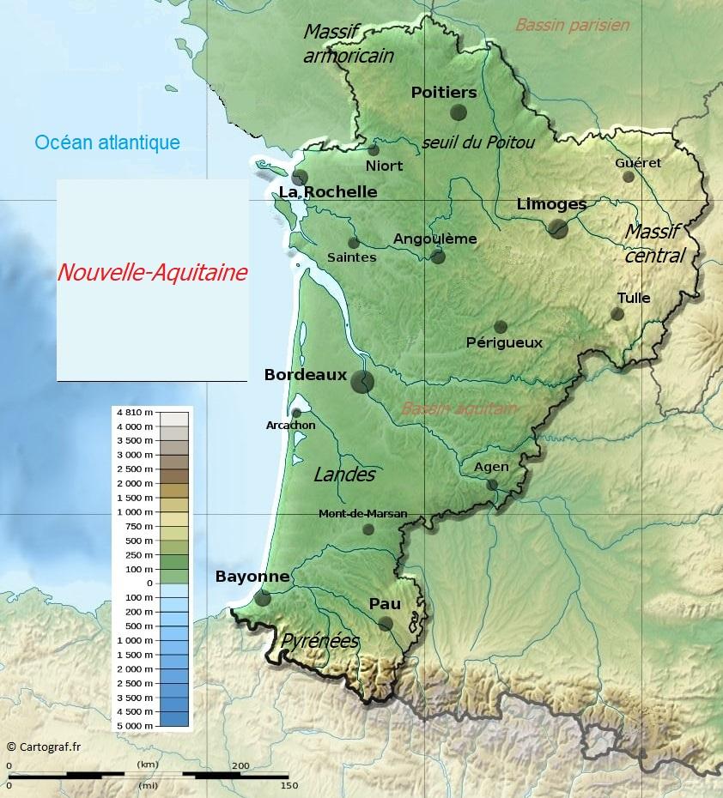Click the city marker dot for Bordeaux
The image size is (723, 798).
(362, 381)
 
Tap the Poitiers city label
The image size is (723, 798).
(443, 93)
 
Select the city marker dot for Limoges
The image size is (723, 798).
(558, 228)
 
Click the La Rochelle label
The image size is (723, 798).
(328, 191)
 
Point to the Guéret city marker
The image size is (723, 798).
(629, 177)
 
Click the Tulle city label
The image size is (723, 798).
(633, 298)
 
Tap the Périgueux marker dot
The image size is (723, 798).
(501, 327)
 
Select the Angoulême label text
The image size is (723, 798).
(434, 239)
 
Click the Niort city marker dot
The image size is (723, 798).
(374, 150)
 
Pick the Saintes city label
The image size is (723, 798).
(352, 257)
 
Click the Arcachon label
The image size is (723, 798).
(290, 425)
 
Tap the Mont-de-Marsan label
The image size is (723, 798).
(362, 514)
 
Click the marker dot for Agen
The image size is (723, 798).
(492, 485)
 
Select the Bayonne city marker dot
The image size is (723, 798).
(263, 598)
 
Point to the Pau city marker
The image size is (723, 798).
(386, 624)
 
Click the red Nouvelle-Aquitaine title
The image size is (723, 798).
(152, 273)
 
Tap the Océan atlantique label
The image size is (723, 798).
(107, 142)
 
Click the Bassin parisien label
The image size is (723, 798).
(572, 25)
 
